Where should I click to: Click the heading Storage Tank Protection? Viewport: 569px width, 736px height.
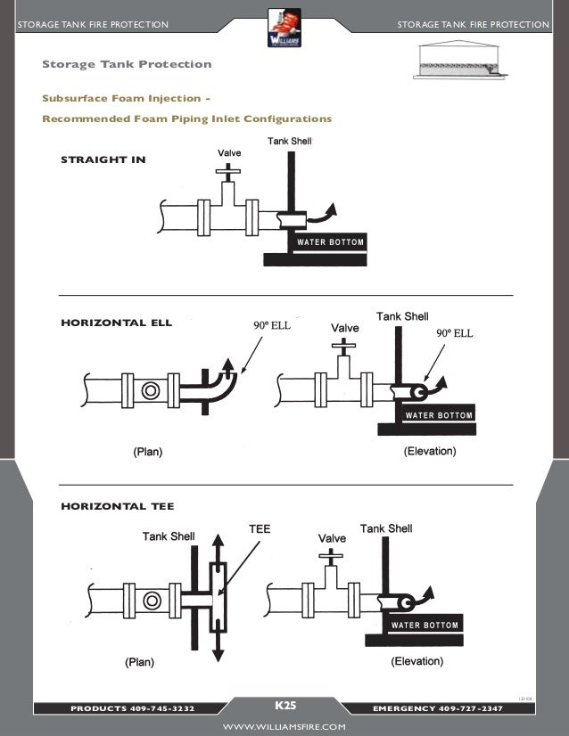(128, 64)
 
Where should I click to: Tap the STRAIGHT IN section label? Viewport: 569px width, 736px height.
(103, 160)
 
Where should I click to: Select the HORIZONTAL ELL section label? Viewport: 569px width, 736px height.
(116, 322)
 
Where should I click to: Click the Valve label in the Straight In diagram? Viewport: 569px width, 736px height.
(229, 153)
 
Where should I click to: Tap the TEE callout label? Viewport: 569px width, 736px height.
(259, 529)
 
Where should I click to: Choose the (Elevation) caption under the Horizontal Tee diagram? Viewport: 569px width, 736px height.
(418, 662)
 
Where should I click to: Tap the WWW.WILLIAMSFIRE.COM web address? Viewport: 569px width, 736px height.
(284, 727)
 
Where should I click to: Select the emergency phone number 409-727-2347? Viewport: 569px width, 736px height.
(481, 708)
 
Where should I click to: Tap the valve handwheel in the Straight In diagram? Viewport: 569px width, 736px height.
(230, 168)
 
